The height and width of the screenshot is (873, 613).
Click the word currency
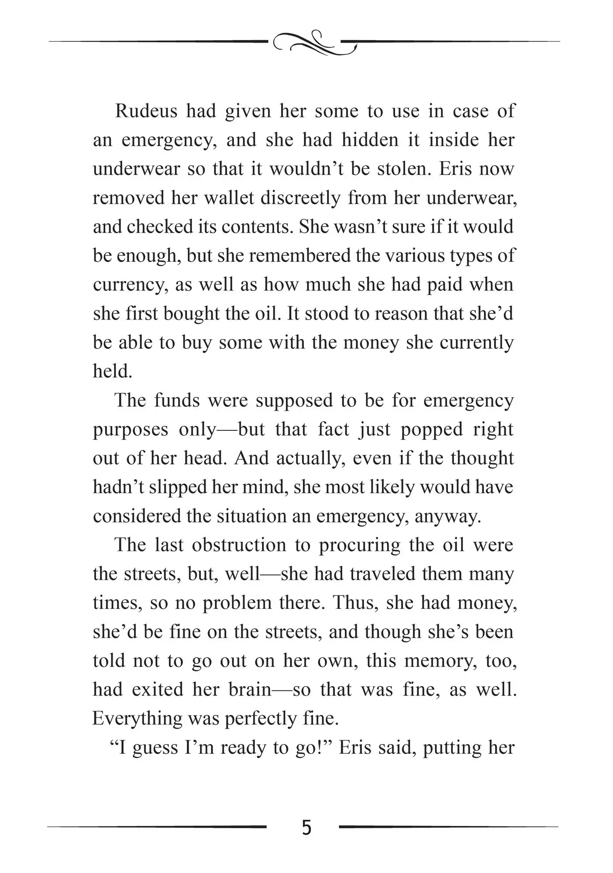click(131, 285)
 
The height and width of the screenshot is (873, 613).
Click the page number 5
click(306, 827)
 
